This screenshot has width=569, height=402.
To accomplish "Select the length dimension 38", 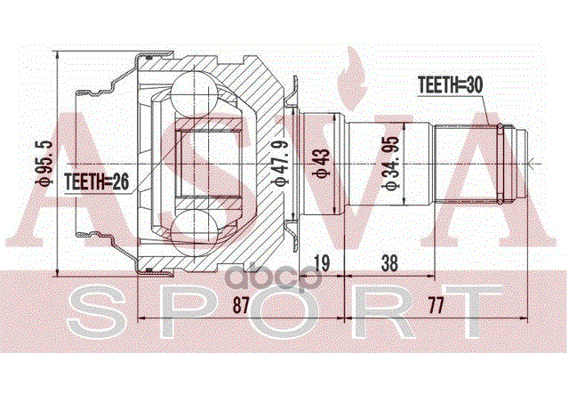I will tap(389, 263).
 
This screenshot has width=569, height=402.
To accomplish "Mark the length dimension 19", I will tap(323, 263).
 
